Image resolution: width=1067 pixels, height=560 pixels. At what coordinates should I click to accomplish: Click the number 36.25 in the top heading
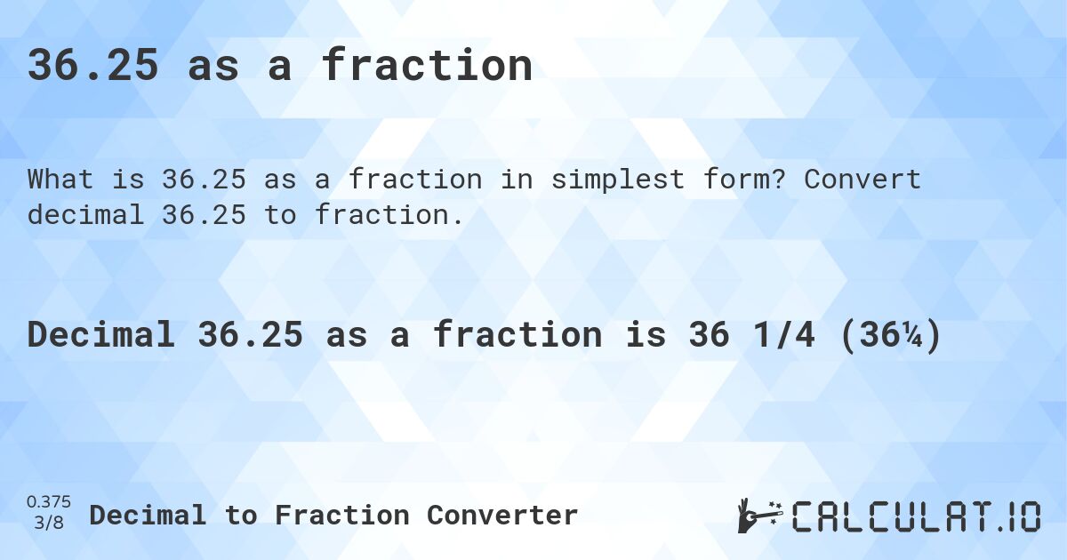(92, 65)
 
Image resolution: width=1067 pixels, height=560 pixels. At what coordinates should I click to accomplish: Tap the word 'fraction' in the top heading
(427, 64)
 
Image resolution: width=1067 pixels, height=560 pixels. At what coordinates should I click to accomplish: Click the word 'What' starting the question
(60, 180)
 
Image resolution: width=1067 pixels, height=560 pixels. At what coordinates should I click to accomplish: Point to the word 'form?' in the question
(744, 180)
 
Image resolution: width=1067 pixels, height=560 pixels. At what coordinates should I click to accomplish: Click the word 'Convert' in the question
(862, 180)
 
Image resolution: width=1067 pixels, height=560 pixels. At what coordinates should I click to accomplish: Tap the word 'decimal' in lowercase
(85, 215)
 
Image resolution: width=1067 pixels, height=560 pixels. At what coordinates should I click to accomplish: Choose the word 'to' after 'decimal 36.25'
(280, 215)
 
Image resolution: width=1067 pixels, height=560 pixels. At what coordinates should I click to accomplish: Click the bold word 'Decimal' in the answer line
(101, 334)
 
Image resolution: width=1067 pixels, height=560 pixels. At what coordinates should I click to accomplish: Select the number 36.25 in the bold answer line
(250, 334)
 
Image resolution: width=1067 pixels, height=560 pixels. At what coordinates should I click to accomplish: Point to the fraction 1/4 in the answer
(784, 334)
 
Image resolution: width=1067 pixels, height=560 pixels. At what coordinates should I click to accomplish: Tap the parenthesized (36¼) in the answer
(891, 335)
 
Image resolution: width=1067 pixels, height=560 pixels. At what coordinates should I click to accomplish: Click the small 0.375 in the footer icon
(49, 502)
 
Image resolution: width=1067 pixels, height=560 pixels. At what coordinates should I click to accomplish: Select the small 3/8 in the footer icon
(49, 523)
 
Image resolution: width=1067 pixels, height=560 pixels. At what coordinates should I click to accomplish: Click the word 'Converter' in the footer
(502, 516)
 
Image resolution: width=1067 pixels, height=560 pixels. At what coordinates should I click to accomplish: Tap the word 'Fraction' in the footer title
(342, 516)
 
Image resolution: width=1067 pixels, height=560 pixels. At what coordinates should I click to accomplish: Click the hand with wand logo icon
(760, 516)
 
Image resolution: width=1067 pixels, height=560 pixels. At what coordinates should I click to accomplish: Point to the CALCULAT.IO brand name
(916, 516)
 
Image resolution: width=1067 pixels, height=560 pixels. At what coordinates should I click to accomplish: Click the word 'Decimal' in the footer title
(148, 516)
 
